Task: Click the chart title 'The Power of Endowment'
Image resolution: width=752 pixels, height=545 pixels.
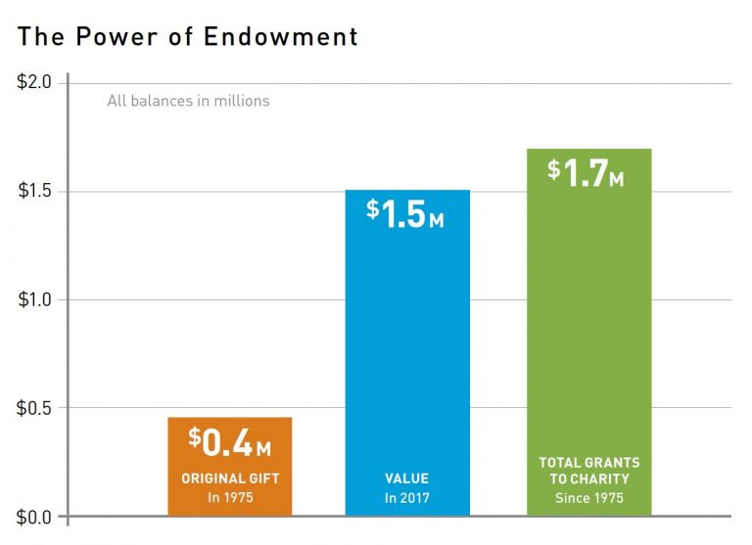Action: coord(188,37)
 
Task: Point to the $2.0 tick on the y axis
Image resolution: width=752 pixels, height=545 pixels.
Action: coord(35,82)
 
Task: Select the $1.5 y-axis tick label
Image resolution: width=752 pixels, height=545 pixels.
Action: coord(35,191)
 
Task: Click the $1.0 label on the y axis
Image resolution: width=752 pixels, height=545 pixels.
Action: coord(35,299)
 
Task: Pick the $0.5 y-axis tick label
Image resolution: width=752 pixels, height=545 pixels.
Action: coord(35,408)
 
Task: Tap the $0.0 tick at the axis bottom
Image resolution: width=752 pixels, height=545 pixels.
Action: coord(35,516)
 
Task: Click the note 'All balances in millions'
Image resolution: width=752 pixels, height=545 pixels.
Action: coord(188,100)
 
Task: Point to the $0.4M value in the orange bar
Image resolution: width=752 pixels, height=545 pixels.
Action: coord(230,443)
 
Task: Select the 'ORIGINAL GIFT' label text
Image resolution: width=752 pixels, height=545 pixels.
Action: coord(230,478)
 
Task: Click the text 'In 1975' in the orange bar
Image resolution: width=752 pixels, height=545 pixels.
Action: coord(230,497)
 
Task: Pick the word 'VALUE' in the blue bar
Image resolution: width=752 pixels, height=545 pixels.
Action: coord(407,478)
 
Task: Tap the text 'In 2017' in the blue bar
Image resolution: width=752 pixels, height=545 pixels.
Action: coord(407,497)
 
